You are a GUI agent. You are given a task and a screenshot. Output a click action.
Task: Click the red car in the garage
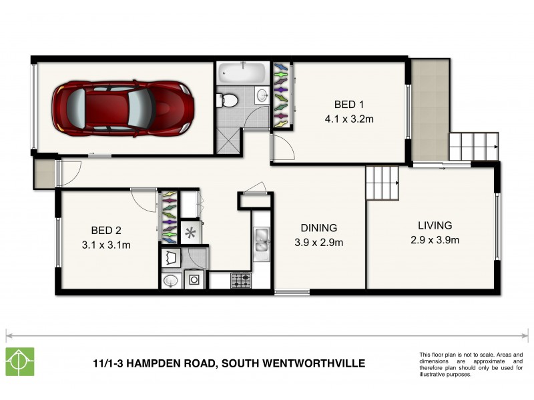point(123,107)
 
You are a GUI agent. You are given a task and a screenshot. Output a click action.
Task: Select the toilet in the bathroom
point(226,101)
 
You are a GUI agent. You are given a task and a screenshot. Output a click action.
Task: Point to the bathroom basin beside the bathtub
point(262,93)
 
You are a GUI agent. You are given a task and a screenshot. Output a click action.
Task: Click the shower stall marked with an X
point(228,141)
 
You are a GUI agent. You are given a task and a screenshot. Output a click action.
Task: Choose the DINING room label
point(318,227)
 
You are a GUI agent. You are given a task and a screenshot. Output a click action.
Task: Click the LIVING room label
point(435,225)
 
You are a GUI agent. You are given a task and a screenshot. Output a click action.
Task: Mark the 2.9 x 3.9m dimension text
point(435,241)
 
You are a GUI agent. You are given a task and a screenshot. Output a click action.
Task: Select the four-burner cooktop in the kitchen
point(240,281)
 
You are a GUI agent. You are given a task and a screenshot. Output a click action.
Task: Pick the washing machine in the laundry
point(194,280)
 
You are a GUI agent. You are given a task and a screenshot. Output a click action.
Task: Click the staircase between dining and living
point(382,181)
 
